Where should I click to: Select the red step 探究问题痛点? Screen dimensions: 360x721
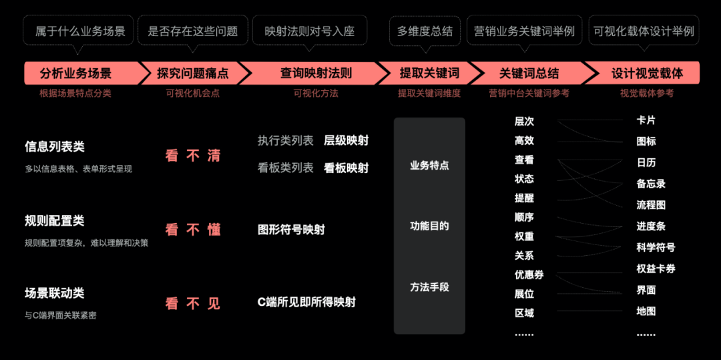192,73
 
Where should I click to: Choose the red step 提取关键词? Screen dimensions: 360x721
429,73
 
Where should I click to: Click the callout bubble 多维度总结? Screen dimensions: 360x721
425,31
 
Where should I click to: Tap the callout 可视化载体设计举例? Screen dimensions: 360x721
644,31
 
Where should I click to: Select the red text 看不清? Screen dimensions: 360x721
193,156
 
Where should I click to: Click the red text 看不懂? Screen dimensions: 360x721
193,230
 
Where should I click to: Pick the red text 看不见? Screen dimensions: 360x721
193,303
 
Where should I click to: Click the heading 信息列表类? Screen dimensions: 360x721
55,147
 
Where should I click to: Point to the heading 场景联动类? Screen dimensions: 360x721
55,293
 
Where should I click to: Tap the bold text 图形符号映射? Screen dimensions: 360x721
291,230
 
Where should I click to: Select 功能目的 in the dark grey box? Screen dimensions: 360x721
429,226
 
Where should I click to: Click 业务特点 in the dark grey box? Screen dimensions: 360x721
429,166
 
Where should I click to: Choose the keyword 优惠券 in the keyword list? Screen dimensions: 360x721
529,275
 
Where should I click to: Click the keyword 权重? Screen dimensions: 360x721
524,236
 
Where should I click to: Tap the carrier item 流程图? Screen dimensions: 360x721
651,205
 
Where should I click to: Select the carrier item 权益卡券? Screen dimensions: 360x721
656,268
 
